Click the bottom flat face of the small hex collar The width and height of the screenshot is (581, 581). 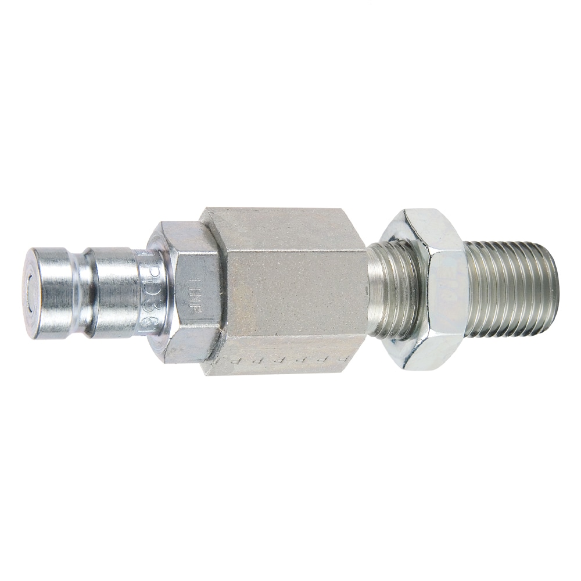186,352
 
